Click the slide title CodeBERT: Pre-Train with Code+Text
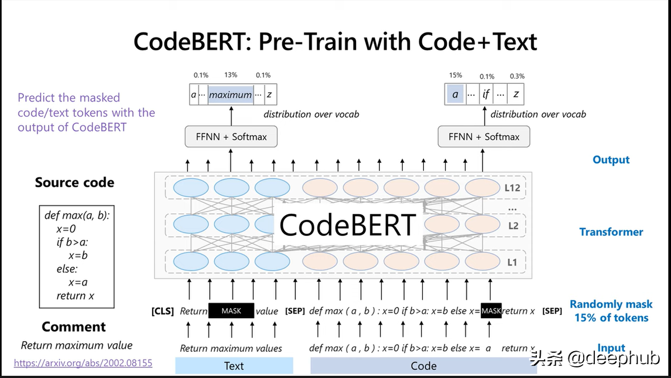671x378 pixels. pyautogui.click(x=335, y=42)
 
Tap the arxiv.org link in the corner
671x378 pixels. pyautogui.click(x=83, y=363)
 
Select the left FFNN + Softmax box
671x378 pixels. pyautogui.click(x=231, y=136)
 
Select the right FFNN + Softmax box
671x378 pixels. pyautogui.click(x=484, y=136)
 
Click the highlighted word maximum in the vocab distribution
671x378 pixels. pyautogui.click(x=230, y=95)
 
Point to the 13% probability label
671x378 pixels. pyautogui.click(x=230, y=75)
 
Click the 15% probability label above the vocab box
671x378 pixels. pyautogui.click(x=455, y=75)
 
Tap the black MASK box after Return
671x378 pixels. pyautogui.click(x=231, y=311)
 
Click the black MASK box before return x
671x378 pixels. pyautogui.click(x=491, y=311)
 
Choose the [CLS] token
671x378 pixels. pyautogui.click(x=162, y=311)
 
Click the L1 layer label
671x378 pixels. pyautogui.click(x=513, y=262)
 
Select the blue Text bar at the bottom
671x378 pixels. pyautogui.click(x=234, y=366)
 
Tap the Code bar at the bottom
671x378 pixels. pyautogui.click(x=423, y=366)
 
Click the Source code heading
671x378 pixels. pyautogui.click(x=74, y=182)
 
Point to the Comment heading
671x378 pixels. pyautogui.click(x=74, y=327)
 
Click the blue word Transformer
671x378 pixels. pyautogui.click(x=611, y=231)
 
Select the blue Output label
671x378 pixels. pyautogui.click(x=611, y=160)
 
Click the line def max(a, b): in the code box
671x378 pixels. pyautogui.click(x=76, y=215)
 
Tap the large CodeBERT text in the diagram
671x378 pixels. pyautogui.click(x=347, y=224)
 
